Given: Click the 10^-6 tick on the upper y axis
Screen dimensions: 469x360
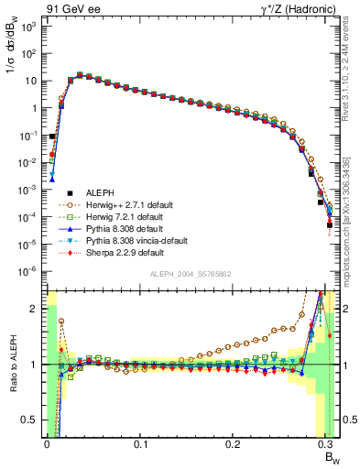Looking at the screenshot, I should coord(29,270).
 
